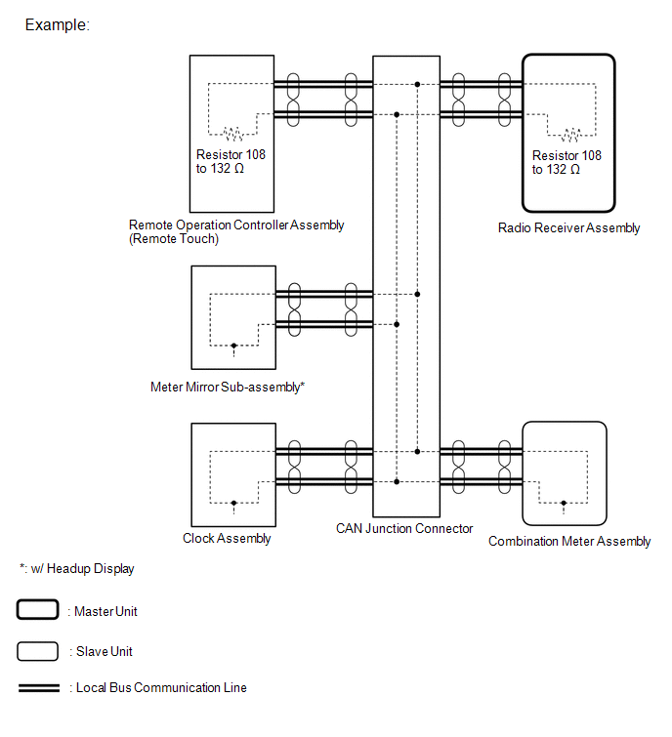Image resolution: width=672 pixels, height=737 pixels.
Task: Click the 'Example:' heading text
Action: click(57, 25)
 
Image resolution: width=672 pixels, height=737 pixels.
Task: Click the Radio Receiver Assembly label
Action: click(568, 228)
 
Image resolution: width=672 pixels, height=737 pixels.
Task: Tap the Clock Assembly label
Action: click(227, 538)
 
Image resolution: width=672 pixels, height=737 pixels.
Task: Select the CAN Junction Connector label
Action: click(404, 529)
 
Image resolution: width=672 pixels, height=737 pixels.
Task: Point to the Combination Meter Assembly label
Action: click(569, 542)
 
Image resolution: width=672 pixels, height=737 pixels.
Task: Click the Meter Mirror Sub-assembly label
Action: click(228, 388)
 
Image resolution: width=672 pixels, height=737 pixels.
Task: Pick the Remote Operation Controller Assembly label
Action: click(236, 225)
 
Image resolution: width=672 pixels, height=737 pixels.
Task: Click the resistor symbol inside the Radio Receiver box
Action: click(568, 135)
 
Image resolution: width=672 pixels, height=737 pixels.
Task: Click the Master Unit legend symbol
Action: click(37, 611)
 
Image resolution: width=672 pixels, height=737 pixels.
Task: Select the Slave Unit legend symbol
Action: click(37, 650)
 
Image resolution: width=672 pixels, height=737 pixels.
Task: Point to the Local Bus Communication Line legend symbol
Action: click(38, 688)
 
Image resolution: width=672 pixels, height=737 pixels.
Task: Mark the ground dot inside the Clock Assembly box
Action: click(233, 503)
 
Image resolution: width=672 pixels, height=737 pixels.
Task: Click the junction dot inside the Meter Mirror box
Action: click(233, 345)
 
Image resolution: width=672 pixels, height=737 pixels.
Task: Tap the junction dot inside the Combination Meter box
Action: click(565, 504)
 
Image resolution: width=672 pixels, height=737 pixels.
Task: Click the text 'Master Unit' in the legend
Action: click(105, 612)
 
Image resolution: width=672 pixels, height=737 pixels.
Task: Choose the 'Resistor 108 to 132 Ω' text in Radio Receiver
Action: click(567, 162)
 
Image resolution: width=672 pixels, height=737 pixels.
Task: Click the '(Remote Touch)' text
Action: click(174, 238)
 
